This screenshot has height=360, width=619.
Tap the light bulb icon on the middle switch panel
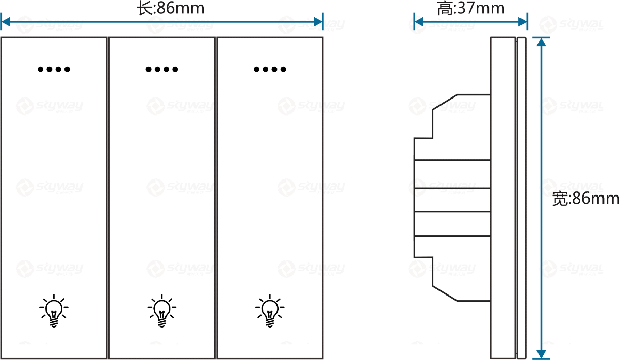[x=162, y=311]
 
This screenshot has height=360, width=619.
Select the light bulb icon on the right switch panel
[x=269, y=311]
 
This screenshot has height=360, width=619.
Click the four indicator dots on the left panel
[x=54, y=69]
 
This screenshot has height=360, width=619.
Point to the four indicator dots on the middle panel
[x=162, y=69]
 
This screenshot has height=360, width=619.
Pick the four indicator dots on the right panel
[x=270, y=69]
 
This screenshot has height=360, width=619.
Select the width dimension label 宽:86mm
[x=585, y=199]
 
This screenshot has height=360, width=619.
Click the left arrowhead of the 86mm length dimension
[x=5, y=22]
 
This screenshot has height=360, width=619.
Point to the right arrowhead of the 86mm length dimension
[x=319, y=22]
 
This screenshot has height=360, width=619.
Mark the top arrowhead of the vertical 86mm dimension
[x=541, y=41]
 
